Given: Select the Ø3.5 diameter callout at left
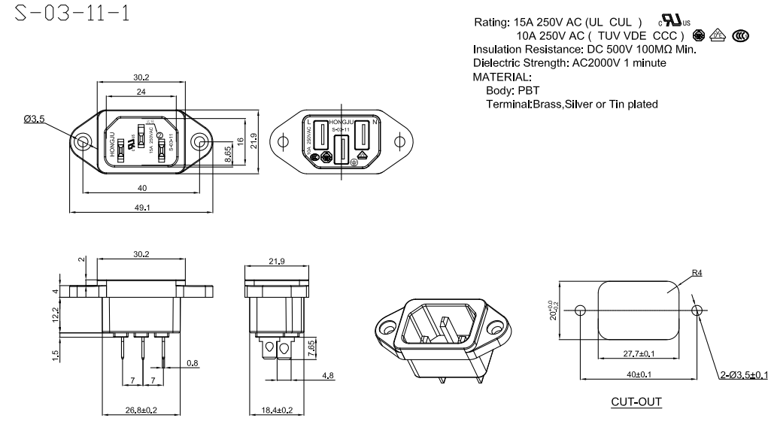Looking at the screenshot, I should tap(35, 119).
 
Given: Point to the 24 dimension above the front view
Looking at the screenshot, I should tap(141, 91).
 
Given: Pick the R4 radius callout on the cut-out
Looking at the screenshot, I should tap(697, 274).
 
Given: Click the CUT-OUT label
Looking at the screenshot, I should tap(636, 401).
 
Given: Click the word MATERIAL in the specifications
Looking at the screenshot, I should tap(502, 77).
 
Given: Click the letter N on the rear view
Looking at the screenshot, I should tap(374, 122).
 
